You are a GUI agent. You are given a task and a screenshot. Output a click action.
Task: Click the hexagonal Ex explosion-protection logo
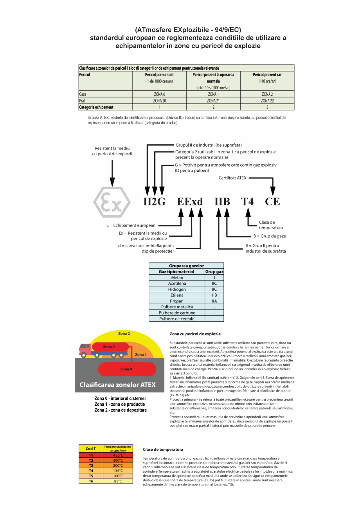tap(112, 202)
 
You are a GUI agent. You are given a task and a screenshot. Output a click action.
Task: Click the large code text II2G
tap(154, 202)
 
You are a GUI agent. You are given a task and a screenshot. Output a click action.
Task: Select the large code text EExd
tap(190, 202)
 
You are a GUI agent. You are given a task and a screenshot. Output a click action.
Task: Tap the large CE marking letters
tap(272, 202)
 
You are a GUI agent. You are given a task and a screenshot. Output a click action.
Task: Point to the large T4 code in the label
tap(247, 202)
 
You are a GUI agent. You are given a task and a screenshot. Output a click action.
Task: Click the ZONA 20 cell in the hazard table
tap(159, 101)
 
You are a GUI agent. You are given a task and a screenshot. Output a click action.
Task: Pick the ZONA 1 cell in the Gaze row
tap(213, 94)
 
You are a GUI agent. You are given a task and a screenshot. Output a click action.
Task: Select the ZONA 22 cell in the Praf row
tap(267, 101)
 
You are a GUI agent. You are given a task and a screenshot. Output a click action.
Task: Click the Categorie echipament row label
tap(96, 107)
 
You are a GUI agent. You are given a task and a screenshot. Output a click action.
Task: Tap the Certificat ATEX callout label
tap(232, 178)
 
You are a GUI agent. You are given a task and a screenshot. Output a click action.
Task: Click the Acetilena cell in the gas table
tap(177, 283)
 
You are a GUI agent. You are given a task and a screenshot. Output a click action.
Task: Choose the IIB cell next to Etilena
tap(214, 295)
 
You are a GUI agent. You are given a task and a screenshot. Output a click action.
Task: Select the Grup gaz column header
tap(214, 272)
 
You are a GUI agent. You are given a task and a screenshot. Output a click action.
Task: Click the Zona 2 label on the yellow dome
tap(124, 333)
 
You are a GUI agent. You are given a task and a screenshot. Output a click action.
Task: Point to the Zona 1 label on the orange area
tap(140, 354)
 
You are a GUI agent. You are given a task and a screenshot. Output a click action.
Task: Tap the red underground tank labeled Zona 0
tap(126, 369)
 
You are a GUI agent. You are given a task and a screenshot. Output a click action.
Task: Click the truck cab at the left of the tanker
tap(85, 349)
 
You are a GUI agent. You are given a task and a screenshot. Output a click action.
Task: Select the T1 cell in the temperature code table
tap(91, 455)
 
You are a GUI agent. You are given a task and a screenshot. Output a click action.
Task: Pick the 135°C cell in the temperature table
tap(118, 471)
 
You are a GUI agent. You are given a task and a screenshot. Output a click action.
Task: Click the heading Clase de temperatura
tap(163, 450)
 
